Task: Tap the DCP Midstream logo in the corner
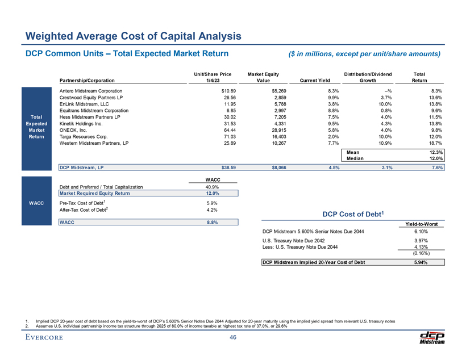point(432,337)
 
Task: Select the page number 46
point(233,338)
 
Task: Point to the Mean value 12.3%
point(435,152)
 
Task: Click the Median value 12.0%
point(435,159)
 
